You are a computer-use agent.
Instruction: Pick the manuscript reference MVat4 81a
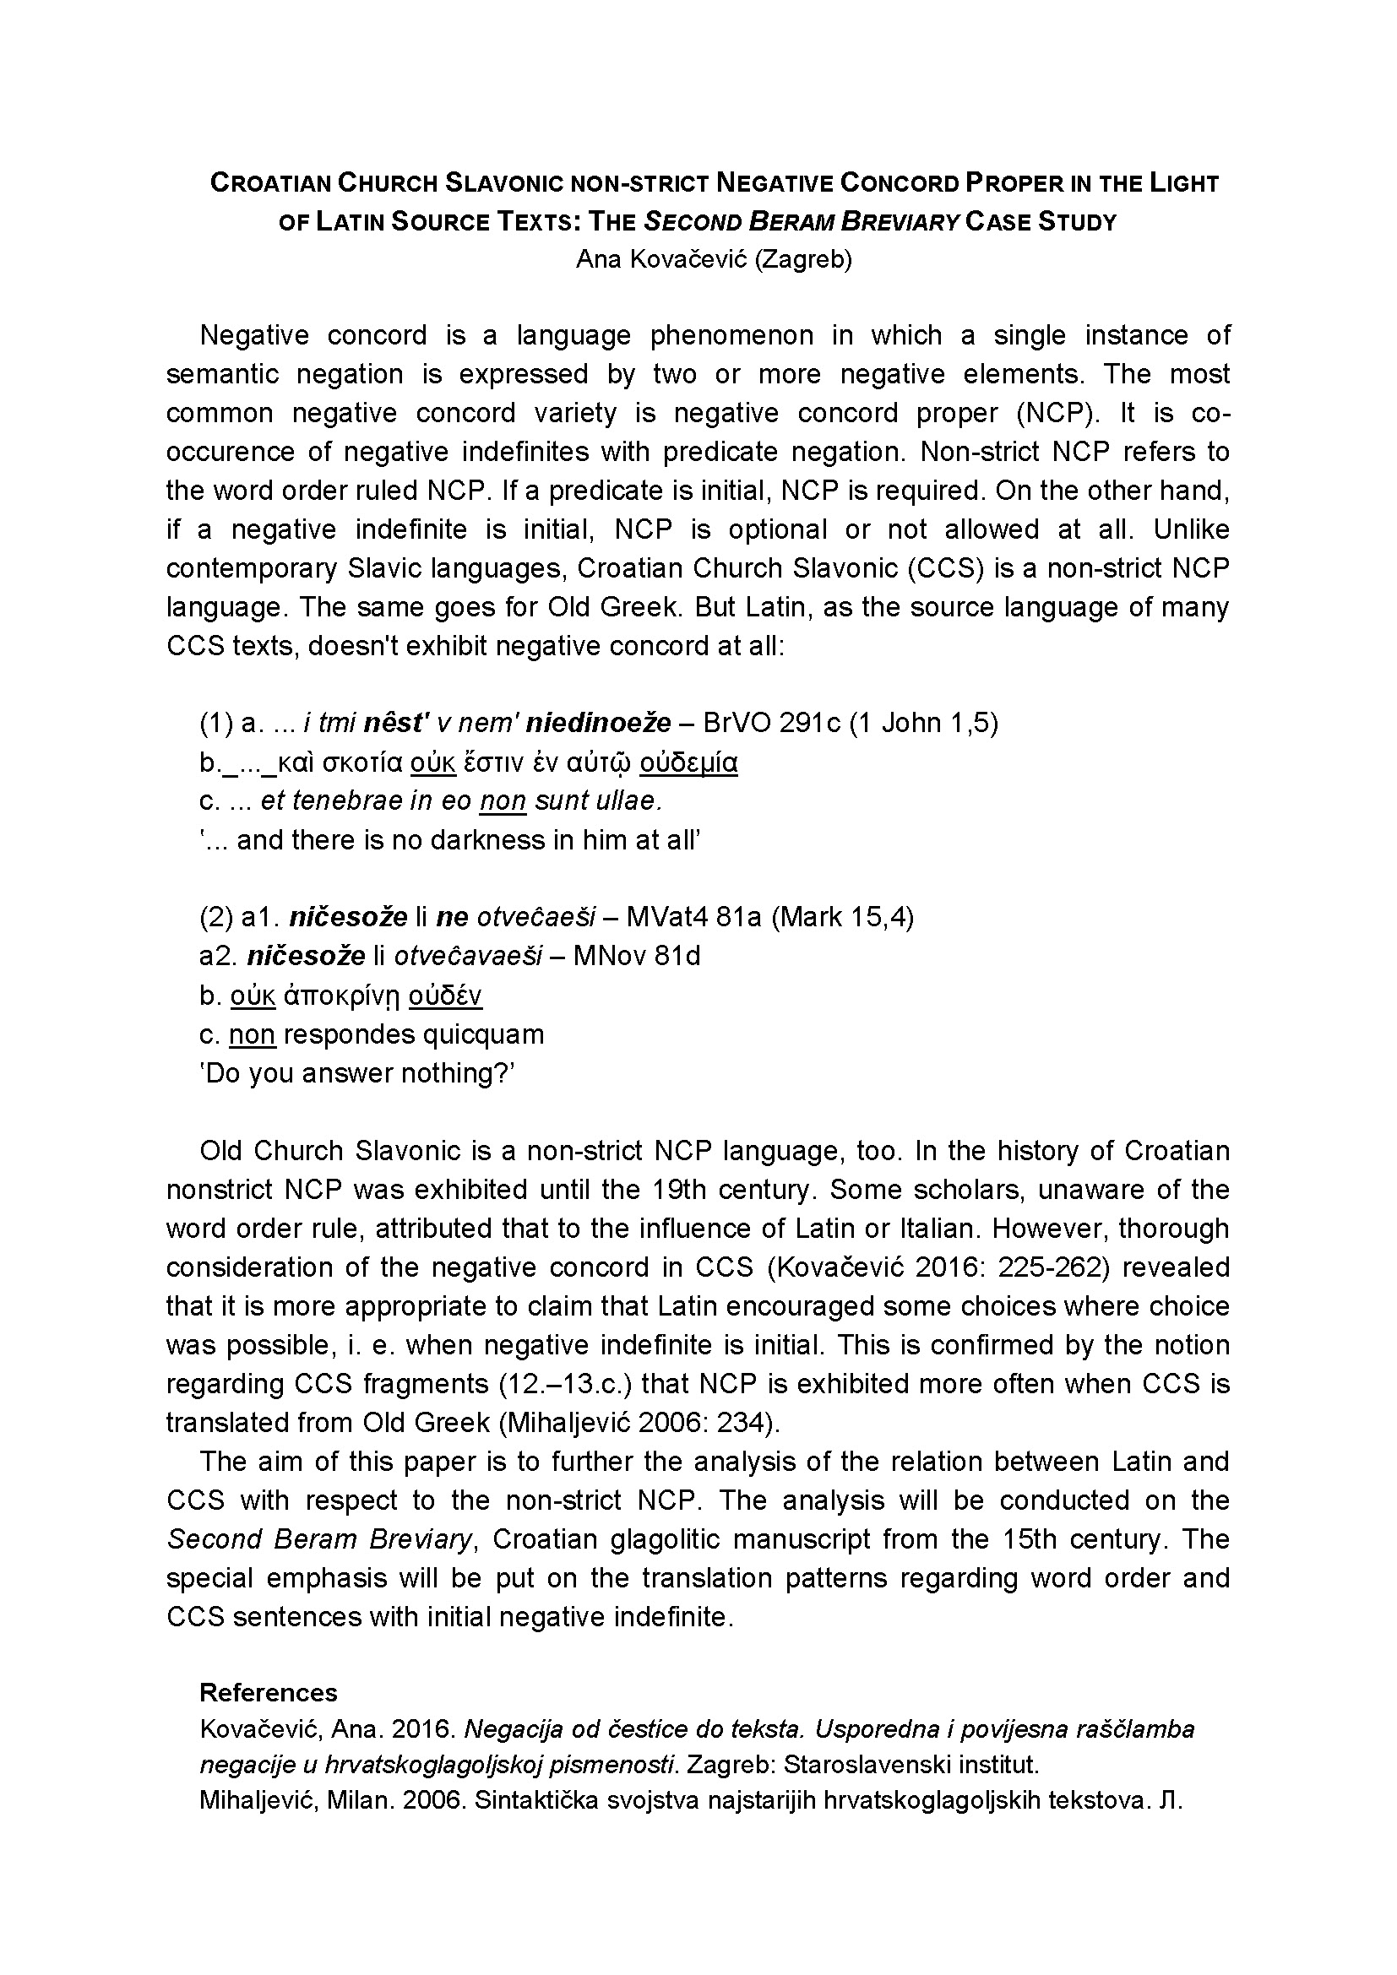coord(694,917)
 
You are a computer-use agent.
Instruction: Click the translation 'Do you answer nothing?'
coord(357,1073)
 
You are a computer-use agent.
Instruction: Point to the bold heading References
coord(269,1693)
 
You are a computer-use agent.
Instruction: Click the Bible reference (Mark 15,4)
coord(841,917)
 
